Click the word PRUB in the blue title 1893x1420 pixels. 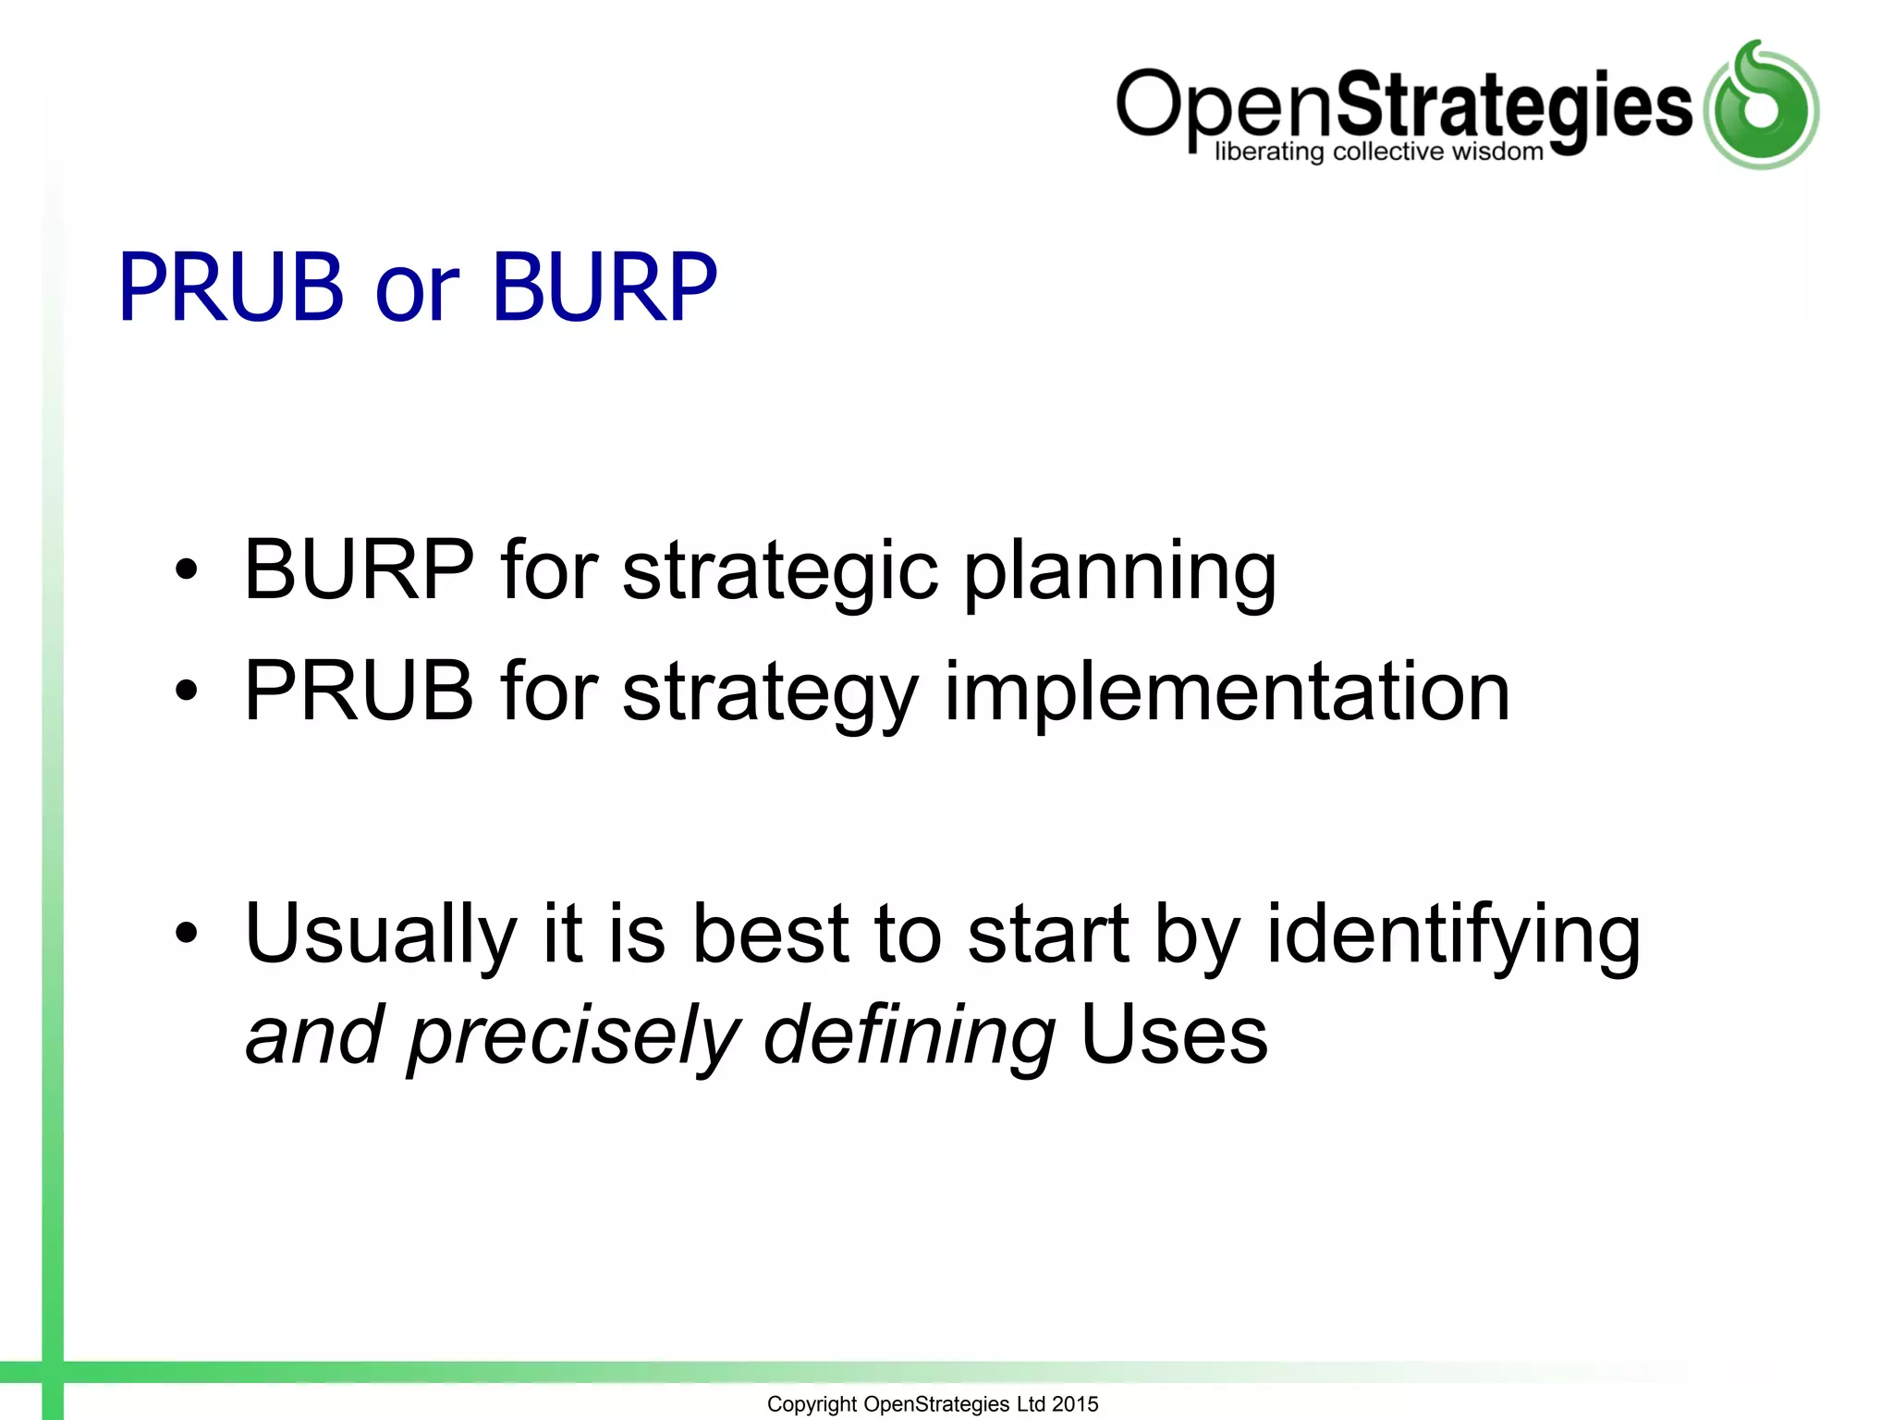click(230, 288)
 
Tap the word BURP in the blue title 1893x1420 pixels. click(605, 288)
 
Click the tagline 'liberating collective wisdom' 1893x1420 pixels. click(1378, 152)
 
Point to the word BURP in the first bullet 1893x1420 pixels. click(359, 570)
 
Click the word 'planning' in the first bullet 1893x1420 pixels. click(1120, 574)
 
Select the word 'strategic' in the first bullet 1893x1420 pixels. click(780, 574)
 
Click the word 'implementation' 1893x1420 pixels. click(1227, 695)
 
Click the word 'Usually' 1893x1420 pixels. click(380, 936)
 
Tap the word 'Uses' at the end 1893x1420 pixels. click(1174, 1035)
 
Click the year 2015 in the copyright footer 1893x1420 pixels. click(1075, 1404)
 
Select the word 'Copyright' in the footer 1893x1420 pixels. click(812, 1405)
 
